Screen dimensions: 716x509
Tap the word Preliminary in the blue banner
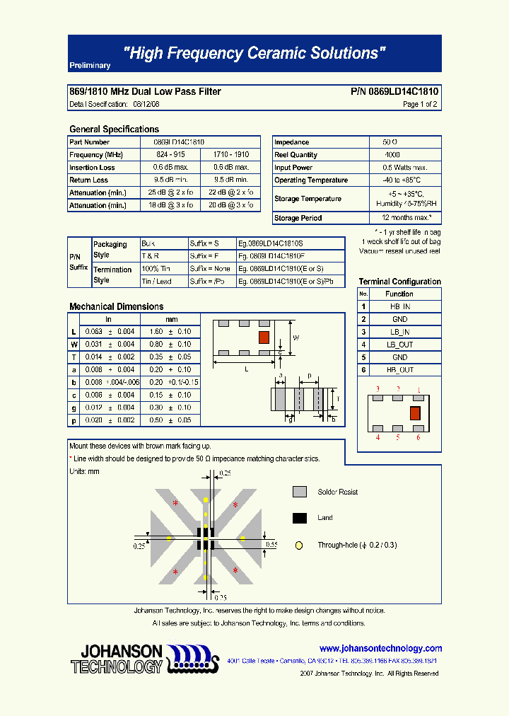(90, 66)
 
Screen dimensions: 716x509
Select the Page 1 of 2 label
(420, 104)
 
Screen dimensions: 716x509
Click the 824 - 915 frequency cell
(170, 155)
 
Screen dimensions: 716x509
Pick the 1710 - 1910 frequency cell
(231, 155)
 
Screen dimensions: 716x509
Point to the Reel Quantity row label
(296, 155)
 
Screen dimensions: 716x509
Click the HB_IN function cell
(399, 306)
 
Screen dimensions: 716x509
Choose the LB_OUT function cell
(399, 345)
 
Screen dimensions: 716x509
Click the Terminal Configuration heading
(399, 282)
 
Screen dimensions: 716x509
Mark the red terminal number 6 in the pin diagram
(418, 438)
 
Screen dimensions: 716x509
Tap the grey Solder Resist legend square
(300, 492)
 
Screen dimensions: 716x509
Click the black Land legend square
(300, 518)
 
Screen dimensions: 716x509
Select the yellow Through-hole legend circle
(300, 545)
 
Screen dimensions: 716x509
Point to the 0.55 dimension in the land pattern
(271, 545)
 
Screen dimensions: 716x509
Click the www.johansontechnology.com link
(380, 648)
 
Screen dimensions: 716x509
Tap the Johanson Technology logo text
(117, 659)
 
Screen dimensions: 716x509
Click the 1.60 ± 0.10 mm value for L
(172, 332)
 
